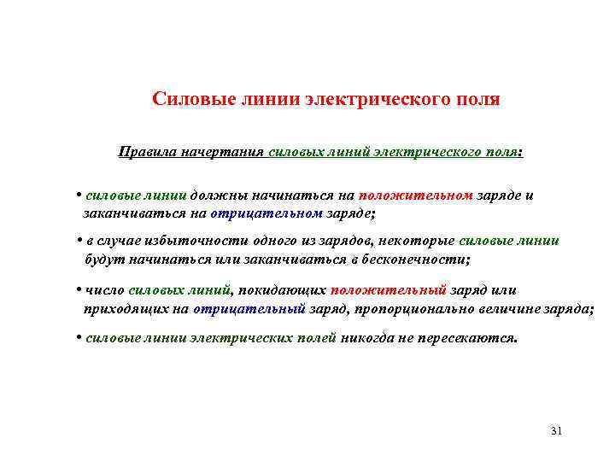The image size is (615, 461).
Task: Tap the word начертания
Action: click(222, 152)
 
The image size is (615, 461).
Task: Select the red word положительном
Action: click(416, 195)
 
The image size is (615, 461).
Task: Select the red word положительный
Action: click(389, 289)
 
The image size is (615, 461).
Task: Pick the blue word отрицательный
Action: click(249, 308)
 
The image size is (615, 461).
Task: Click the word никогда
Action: click(369, 337)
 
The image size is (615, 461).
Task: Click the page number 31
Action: click(557, 430)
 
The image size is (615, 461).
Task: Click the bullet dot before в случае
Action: click(79, 240)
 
